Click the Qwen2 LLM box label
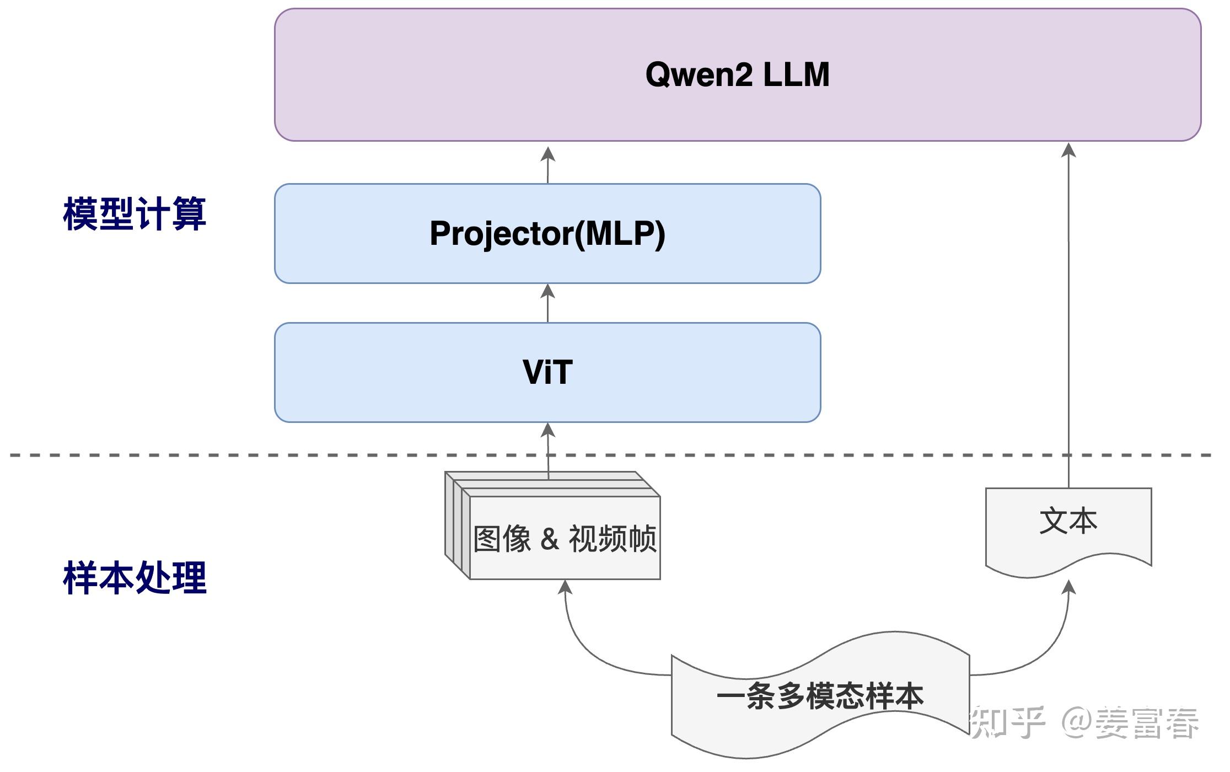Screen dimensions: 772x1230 coord(737,74)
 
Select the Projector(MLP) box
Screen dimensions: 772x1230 coord(547,233)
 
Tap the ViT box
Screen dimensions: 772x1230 coord(547,372)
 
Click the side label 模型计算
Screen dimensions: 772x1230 coord(135,213)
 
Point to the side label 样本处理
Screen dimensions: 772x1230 coord(135,577)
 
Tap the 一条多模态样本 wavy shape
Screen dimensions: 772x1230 coord(820,696)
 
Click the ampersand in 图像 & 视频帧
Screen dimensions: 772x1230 coord(549,539)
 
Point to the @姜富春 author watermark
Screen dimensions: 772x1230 coord(1130,722)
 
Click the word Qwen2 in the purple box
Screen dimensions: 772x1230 coord(699,74)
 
